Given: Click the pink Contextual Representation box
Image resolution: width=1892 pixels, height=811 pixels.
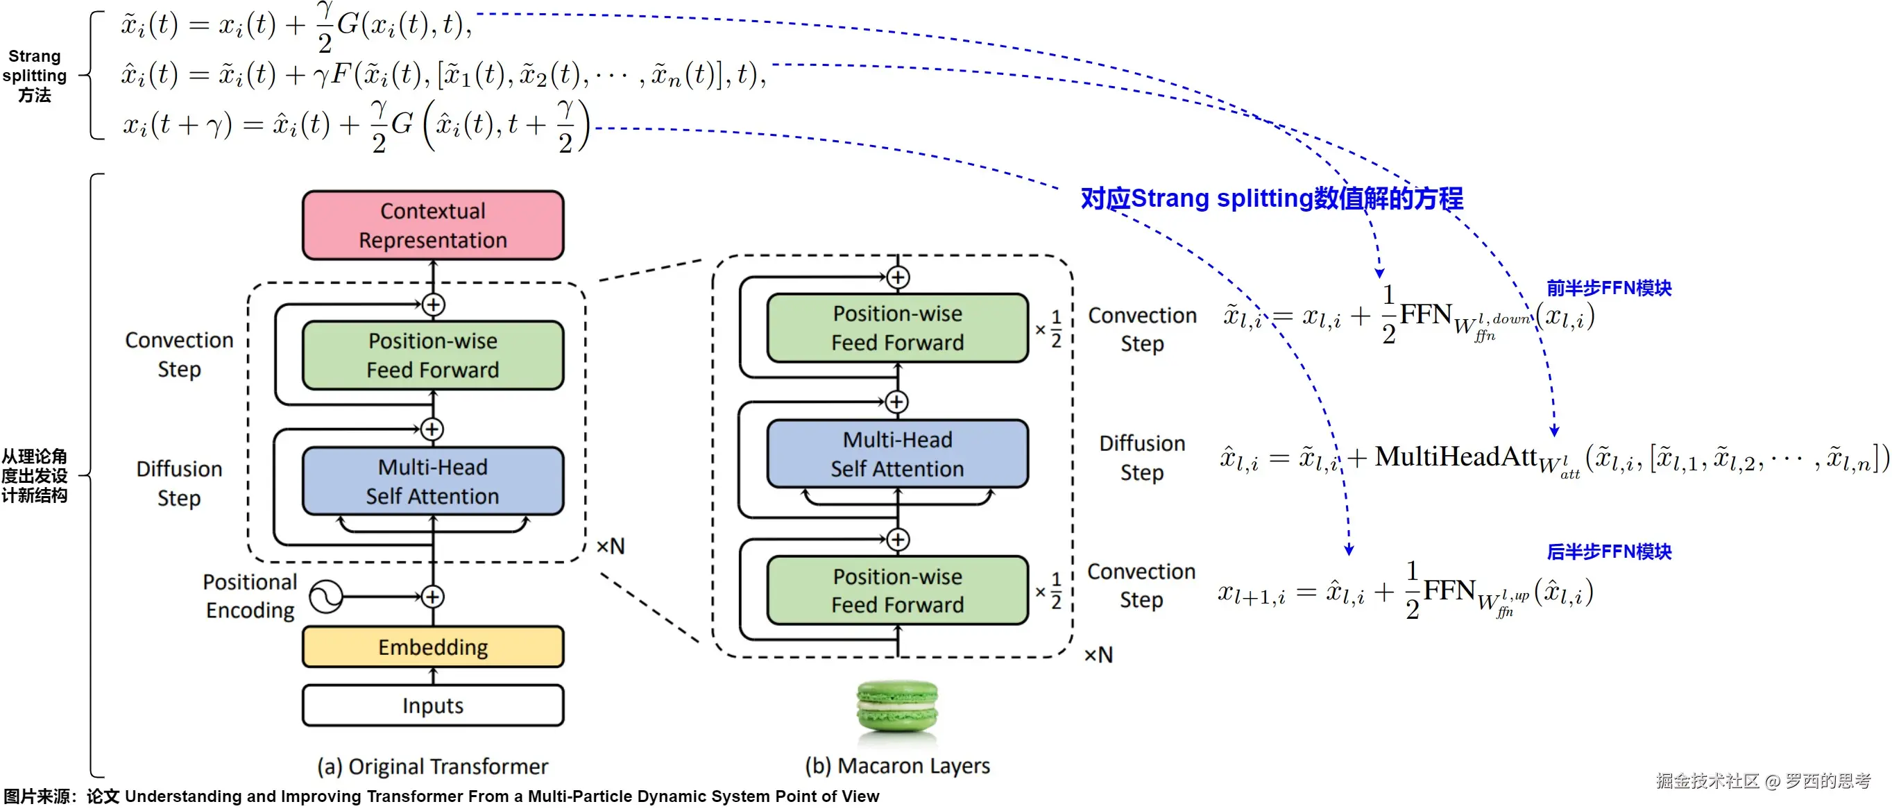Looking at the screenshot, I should click(433, 225).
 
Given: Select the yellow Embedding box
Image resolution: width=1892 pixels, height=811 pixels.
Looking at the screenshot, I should click(433, 647).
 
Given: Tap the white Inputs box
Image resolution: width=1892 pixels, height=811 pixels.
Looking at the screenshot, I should click(433, 706).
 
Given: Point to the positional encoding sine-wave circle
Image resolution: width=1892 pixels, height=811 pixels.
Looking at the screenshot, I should click(325, 597).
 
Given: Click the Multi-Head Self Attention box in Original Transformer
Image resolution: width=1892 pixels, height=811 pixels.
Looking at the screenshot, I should click(433, 481).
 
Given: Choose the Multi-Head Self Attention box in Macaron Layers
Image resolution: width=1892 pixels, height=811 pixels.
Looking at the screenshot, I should click(897, 454).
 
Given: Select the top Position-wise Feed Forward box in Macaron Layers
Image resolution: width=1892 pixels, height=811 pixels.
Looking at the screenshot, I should click(897, 328).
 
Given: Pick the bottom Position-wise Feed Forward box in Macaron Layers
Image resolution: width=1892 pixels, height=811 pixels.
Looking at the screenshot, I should click(897, 590).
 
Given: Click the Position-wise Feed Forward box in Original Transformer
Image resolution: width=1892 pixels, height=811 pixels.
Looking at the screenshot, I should click(433, 355).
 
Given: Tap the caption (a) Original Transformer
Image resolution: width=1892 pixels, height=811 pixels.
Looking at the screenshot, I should click(433, 767).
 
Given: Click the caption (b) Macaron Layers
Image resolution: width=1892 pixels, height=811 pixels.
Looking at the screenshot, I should click(897, 766).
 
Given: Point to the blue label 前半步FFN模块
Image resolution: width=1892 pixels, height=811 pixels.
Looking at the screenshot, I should click(1608, 288).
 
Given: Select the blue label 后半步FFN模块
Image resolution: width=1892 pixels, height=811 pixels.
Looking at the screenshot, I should click(1608, 552).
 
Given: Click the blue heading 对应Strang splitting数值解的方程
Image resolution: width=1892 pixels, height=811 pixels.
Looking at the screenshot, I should click(1271, 198).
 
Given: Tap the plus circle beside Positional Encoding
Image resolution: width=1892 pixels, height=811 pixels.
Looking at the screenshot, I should click(433, 597).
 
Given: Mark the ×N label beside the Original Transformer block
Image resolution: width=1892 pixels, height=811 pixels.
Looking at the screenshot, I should click(611, 547).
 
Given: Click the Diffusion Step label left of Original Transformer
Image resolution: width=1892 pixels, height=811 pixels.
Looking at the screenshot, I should click(179, 484).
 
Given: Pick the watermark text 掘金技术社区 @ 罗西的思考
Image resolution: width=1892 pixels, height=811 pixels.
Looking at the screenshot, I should click(1763, 781).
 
